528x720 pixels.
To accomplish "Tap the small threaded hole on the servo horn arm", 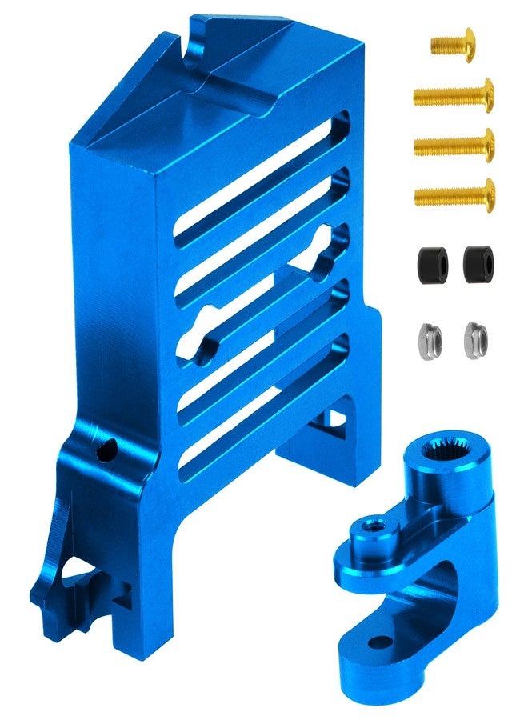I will pyautogui.click(x=372, y=527).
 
